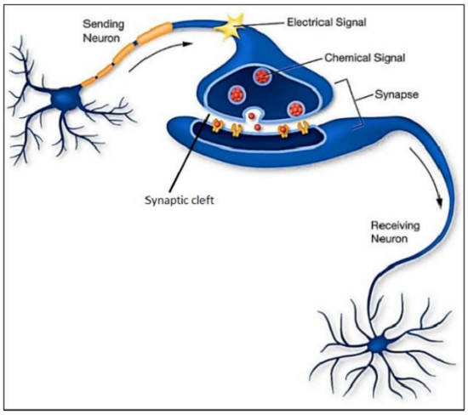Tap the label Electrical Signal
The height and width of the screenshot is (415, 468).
click(x=327, y=22)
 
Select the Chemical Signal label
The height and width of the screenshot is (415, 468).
click(x=365, y=58)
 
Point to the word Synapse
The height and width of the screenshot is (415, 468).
click(x=397, y=94)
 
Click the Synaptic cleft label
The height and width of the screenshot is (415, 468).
click(x=180, y=200)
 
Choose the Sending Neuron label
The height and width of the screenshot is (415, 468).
click(x=103, y=31)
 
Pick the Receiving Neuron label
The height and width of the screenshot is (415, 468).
click(x=395, y=232)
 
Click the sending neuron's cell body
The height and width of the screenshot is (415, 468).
click(x=65, y=98)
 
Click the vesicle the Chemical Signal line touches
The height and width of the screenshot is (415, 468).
click(x=263, y=77)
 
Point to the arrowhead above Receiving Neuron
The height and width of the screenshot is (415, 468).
click(x=439, y=201)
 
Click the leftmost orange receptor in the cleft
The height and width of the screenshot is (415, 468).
click(x=217, y=125)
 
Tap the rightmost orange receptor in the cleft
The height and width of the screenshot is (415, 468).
click(x=304, y=127)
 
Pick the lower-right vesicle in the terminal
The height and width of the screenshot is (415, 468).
click(x=295, y=109)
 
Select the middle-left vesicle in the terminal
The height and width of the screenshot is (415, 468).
click(x=237, y=94)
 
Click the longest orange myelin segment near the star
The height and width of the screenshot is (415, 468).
click(x=155, y=34)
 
